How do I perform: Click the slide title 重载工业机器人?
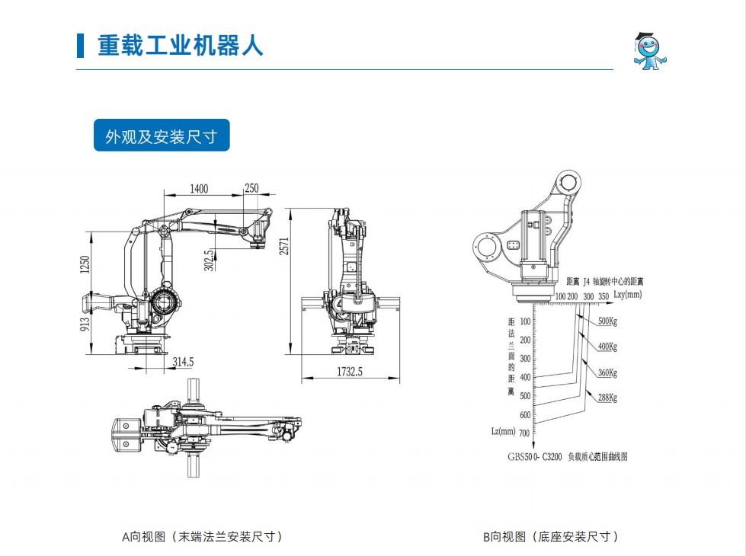tap(180, 45)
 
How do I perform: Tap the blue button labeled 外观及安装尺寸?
tap(162, 136)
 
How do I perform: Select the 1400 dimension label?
tap(199, 189)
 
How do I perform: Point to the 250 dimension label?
tap(251, 189)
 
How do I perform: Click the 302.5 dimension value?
tap(208, 259)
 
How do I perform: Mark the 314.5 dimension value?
tap(183, 363)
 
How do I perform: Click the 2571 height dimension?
tap(284, 246)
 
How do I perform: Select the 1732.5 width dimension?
tap(351, 372)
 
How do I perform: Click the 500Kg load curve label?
tap(607, 321)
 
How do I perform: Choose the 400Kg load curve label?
tap(607, 347)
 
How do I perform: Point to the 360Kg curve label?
tap(607, 372)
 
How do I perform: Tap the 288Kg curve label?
tap(607, 398)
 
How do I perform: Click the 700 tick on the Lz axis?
tap(524, 433)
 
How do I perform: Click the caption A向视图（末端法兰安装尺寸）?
tap(203, 537)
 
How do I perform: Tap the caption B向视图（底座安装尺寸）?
tap(551, 537)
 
